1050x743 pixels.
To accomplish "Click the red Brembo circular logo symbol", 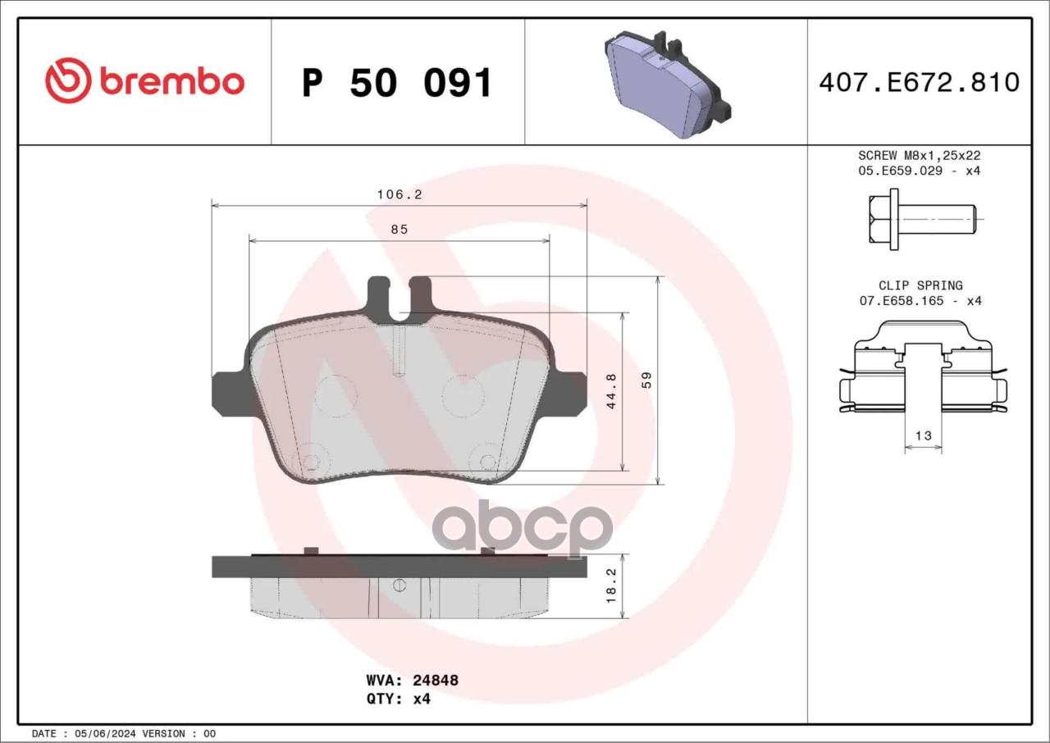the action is point(68,80).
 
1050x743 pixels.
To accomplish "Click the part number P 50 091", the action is point(397,83).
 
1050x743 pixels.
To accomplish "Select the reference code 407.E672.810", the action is point(920,83).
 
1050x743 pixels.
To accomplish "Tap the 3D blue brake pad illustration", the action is point(668,84).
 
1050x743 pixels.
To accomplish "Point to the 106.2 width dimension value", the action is point(399,194).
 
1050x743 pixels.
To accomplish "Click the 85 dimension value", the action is point(399,230).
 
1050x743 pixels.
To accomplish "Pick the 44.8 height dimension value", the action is point(611,391).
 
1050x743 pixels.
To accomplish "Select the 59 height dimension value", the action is point(646,380).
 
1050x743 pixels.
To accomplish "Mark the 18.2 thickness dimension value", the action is point(611,586).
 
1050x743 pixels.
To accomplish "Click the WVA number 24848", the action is point(436,680).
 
